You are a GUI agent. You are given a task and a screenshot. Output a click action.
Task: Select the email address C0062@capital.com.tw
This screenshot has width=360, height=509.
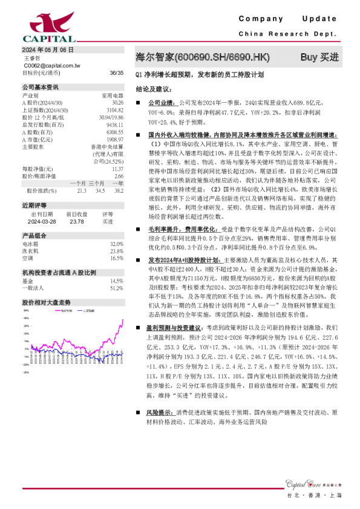point(51,65)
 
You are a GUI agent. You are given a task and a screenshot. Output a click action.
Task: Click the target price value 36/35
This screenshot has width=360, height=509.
point(117,73)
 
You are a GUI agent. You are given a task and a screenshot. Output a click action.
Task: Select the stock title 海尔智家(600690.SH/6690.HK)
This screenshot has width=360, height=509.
point(201,57)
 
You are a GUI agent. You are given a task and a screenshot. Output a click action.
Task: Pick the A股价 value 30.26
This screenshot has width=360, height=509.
point(117,102)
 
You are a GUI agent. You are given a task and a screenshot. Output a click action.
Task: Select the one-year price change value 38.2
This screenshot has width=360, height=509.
point(119,190)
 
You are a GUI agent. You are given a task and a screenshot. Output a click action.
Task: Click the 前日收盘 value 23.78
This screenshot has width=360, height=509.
point(77,221)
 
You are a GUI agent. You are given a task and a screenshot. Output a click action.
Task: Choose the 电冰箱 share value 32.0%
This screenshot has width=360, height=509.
point(116,243)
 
